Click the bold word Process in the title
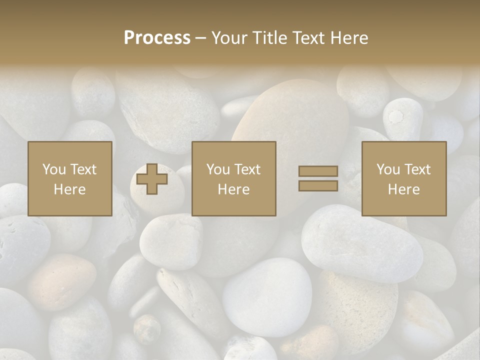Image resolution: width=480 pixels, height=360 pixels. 157,38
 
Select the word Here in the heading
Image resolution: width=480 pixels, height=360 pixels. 349,38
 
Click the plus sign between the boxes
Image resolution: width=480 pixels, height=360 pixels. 152,179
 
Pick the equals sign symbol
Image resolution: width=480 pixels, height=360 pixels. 318,178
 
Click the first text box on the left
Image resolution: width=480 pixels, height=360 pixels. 70,178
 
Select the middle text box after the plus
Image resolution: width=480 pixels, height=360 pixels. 234,178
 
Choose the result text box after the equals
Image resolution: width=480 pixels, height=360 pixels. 404,178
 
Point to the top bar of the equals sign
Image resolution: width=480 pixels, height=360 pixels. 318,171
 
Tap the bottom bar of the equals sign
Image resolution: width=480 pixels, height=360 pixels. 318,185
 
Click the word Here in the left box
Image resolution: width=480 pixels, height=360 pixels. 70,189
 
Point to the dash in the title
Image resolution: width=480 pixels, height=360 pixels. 200,38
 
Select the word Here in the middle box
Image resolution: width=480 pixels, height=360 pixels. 234,189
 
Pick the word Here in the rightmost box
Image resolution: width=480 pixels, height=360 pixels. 404,189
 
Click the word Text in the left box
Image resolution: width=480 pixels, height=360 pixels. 83,169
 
